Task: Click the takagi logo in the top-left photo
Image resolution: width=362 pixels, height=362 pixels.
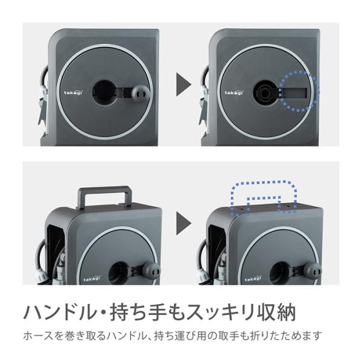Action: (x=73, y=92)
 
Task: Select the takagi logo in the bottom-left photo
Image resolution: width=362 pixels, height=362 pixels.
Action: (x=92, y=279)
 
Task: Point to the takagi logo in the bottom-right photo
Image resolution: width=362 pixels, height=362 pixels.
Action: (x=253, y=279)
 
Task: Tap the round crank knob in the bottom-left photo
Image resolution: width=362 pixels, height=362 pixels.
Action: (x=151, y=270)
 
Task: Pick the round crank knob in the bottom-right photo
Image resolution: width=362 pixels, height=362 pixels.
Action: (x=313, y=270)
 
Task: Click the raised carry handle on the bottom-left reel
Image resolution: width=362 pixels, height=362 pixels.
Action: (x=104, y=189)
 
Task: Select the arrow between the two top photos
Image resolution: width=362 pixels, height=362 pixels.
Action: (x=183, y=84)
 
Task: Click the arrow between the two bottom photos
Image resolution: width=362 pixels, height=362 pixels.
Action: (x=183, y=223)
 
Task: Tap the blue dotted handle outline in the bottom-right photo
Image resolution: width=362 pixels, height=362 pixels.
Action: (x=264, y=182)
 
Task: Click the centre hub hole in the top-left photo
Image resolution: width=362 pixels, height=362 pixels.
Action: (x=104, y=92)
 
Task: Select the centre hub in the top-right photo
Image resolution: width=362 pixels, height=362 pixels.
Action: (x=265, y=92)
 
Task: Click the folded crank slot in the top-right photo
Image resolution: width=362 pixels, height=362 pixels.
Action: (x=295, y=93)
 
